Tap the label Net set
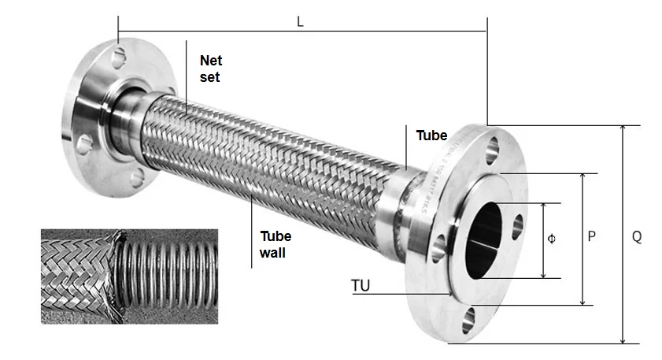pos(210,69)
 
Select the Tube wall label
pos(276,244)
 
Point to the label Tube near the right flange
pos(431,135)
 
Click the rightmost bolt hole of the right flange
pos(519,226)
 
